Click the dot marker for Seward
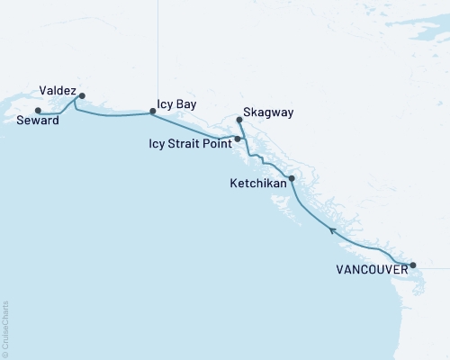point(37,111)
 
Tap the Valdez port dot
point(82,95)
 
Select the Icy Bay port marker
point(152,112)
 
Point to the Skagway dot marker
point(238,119)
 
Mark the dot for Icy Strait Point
point(237,139)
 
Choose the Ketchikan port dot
point(291,178)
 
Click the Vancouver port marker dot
point(413,265)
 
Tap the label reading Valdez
point(57,90)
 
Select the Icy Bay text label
point(176,104)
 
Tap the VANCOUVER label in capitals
point(372,269)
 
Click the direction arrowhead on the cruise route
point(332,231)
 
